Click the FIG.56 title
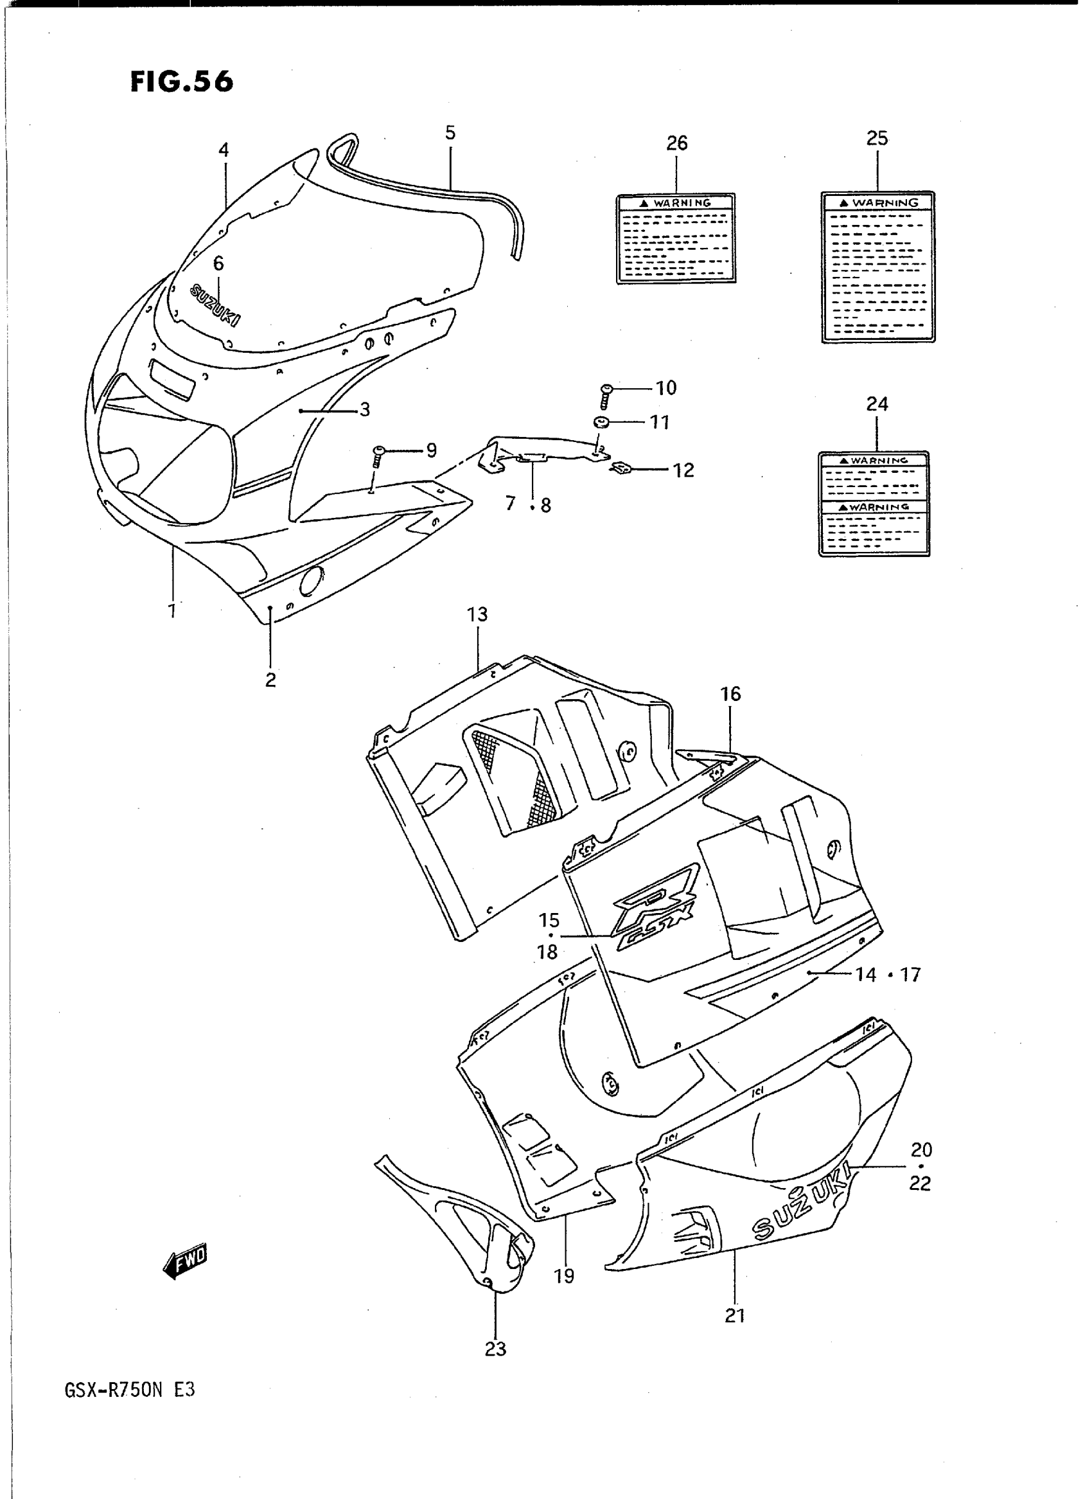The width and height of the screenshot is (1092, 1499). point(181,82)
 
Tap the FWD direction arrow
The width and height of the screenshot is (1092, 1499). point(185,1261)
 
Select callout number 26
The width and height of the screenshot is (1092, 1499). point(677,143)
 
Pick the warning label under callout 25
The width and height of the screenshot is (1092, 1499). point(878,267)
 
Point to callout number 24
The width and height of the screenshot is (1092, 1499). point(877,404)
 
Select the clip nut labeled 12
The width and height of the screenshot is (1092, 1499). point(621,470)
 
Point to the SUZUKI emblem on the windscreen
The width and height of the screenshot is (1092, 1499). point(215,304)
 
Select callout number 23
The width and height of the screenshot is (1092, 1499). point(495,1349)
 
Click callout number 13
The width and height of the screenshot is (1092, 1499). point(477,615)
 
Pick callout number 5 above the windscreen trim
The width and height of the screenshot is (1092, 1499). point(450,133)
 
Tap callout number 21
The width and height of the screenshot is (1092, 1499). point(735,1316)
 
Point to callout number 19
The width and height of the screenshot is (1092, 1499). point(564,1276)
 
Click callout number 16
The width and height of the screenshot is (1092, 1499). point(730,694)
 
